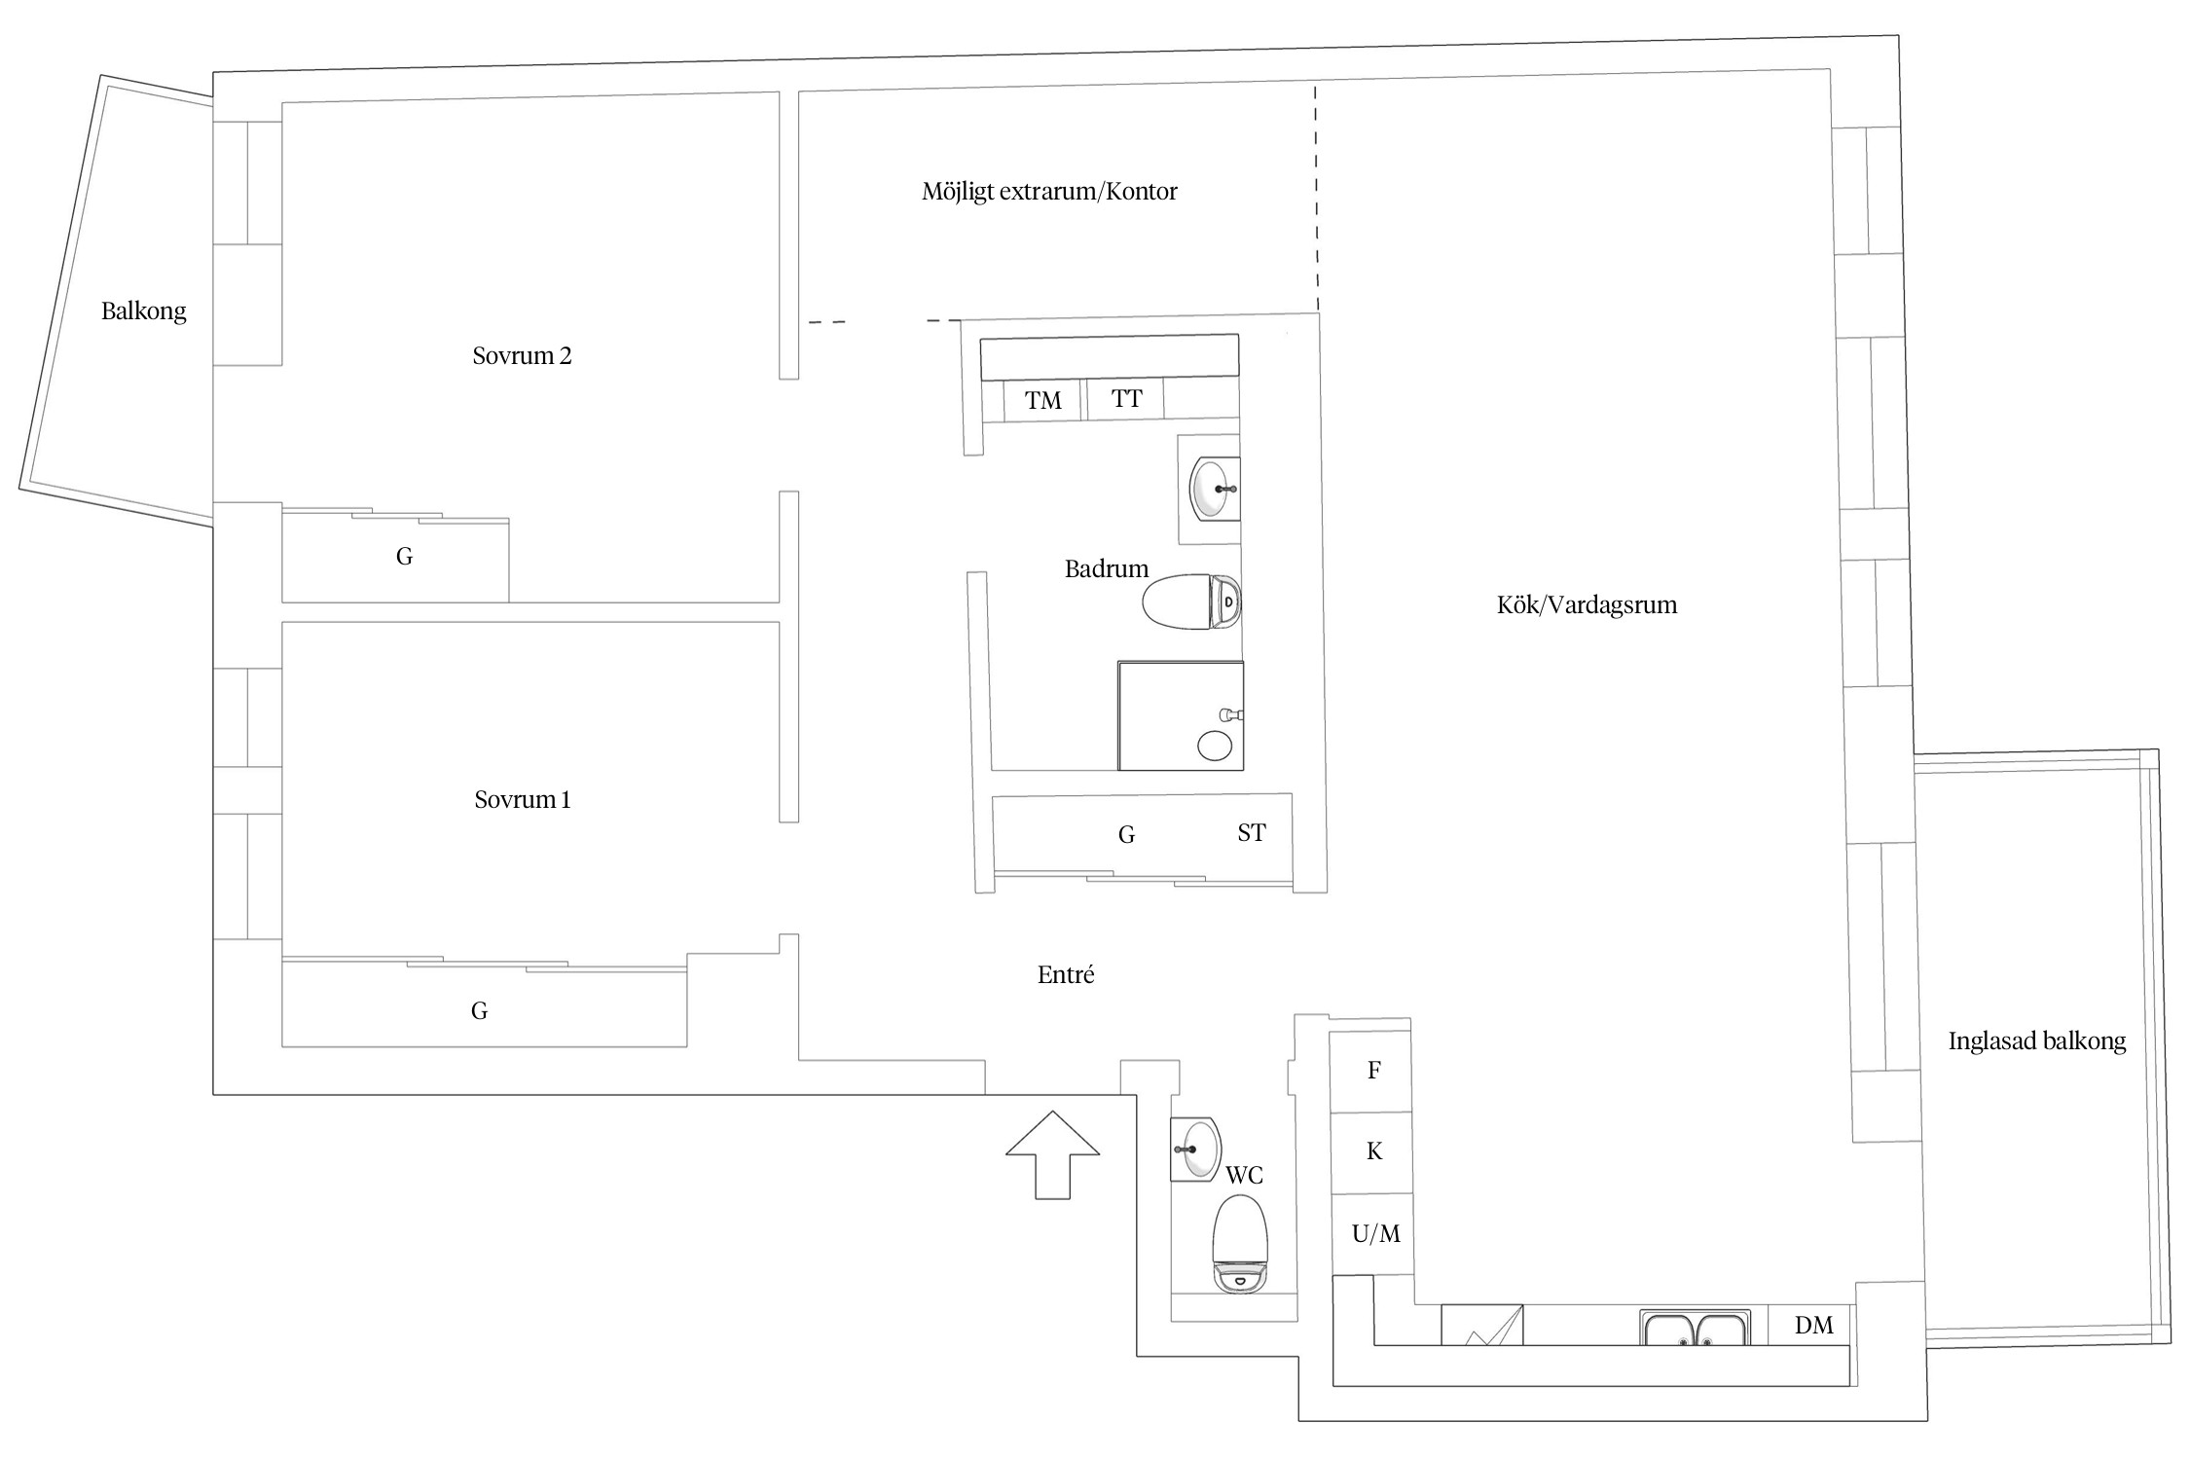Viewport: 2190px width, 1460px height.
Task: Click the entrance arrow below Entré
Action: (1052, 1154)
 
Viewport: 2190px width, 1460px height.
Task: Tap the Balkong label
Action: (143, 311)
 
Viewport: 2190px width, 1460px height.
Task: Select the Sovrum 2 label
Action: (522, 356)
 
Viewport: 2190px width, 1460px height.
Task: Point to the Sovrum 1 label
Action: (522, 800)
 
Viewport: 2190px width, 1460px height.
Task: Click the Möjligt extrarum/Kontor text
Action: (1049, 192)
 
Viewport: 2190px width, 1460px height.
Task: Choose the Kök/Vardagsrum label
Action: (1587, 605)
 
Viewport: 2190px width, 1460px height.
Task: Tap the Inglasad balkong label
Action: (2036, 1041)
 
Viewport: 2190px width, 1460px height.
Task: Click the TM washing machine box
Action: (1042, 401)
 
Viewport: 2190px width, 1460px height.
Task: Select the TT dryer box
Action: (1125, 400)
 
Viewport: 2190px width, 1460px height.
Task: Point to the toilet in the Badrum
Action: (1191, 602)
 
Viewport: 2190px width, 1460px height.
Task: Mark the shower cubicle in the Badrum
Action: (1181, 715)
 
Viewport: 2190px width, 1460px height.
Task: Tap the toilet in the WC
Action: (1240, 1244)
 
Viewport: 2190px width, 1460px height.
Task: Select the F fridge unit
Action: (1371, 1072)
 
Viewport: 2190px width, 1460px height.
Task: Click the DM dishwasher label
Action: (1813, 1325)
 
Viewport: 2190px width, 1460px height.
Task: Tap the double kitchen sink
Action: (1695, 1328)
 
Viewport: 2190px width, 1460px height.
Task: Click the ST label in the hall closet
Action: (1252, 833)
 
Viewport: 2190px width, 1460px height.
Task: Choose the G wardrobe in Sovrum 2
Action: (395, 556)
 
